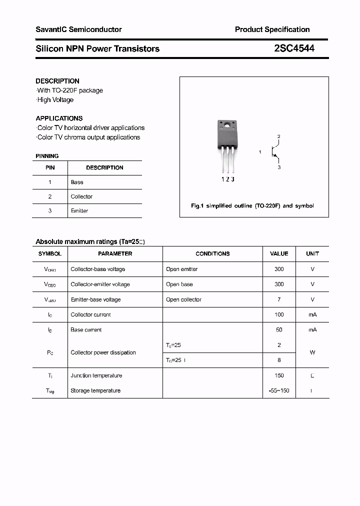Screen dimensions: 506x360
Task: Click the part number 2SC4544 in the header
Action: click(x=294, y=48)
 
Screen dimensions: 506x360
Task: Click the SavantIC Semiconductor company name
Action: click(x=78, y=29)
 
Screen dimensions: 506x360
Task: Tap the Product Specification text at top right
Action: click(x=272, y=29)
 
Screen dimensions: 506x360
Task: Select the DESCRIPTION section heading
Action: click(x=57, y=81)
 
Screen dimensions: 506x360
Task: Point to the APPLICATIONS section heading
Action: click(x=59, y=118)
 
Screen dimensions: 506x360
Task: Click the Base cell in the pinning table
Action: click(x=77, y=182)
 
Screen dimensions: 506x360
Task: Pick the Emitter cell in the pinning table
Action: click(x=79, y=211)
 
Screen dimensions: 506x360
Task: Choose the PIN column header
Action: click(x=50, y=167)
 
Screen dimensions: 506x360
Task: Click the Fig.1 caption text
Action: click(x=252, y=206)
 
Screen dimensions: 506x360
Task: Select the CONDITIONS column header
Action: click(x=212, y=253)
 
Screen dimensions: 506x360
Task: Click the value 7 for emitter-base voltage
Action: click(x=279, y=299)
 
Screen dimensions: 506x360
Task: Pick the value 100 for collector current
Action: click(x=279, y=314)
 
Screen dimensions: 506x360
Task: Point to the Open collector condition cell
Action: click(x=183, y=299)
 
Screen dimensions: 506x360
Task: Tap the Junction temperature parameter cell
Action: click(x=96, y=375)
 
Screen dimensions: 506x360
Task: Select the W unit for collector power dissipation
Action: click(x=312, y=352)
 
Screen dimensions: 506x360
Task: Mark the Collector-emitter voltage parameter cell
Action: click(x=100, y=284)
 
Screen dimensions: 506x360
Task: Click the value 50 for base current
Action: click(x=279, y=329)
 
